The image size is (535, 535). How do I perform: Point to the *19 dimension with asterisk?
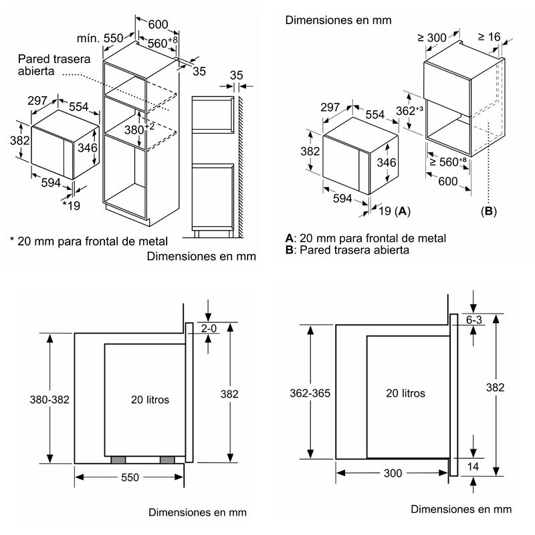71,206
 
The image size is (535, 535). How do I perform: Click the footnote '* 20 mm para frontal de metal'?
88,240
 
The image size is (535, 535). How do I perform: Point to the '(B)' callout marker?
489,211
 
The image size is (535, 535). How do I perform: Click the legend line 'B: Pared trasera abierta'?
347,249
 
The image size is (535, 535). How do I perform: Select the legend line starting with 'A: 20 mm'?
365,238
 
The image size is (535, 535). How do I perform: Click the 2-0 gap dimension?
210,328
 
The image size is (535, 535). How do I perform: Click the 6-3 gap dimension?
474,320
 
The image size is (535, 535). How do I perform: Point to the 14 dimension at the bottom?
474,466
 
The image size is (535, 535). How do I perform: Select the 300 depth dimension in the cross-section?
394,473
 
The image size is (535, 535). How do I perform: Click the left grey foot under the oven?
118,460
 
